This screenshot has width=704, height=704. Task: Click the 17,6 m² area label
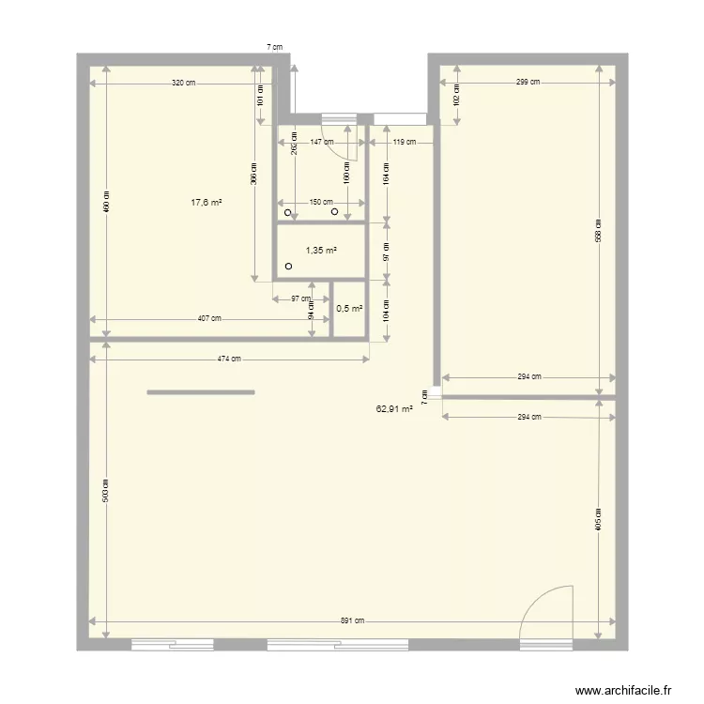[207, 201]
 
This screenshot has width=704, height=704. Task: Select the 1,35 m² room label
[321, 251]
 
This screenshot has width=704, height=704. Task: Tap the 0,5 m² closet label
[349, 308]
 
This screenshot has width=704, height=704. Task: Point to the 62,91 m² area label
[394, 409]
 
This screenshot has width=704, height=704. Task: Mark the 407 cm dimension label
[209, 318]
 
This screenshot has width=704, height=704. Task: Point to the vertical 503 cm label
[106, 488]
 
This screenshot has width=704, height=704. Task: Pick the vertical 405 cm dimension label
[598, 521]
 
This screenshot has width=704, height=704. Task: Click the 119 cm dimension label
[405, 142]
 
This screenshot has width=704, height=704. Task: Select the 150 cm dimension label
[321, 201]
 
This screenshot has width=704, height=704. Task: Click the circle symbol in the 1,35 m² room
[288, 267]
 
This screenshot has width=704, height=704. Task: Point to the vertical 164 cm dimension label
[387, 174]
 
